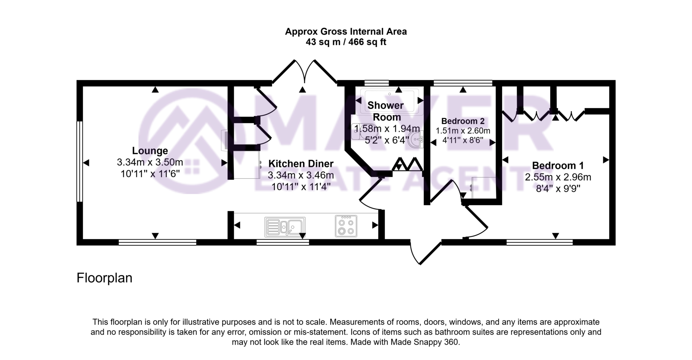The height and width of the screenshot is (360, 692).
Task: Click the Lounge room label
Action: click(x=150, y=151)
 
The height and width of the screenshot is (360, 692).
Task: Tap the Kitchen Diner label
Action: click(x=301, y=164)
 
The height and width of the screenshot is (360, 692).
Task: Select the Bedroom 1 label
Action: click(x=558, y=166)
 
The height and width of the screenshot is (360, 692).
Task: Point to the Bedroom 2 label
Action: click(x=463, y=121)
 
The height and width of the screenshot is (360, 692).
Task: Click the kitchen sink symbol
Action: click(x=285, y=226)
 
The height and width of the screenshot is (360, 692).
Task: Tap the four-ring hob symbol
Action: click(x=346, y=226)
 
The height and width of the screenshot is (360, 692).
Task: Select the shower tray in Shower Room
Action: click(x=389, y=101)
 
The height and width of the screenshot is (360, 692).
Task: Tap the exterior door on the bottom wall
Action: click(x=426, y=252)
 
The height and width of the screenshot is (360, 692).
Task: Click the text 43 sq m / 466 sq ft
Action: click(x=346, y=42)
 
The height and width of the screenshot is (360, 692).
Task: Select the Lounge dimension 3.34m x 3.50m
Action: click(x=150, y=162)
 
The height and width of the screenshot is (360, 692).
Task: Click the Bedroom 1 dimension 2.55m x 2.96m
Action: click(x=558, y=177)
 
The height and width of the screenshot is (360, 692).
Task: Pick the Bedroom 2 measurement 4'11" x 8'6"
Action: click(x=463, y=140)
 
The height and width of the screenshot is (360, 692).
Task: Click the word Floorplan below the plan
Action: click(x=104, y=278)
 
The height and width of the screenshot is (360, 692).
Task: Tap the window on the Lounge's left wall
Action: click(x=79, y=162)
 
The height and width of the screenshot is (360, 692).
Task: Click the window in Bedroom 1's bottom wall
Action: click(x=539, y=242)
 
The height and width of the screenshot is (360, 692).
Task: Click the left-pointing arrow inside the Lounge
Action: click(x=86, y=163)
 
